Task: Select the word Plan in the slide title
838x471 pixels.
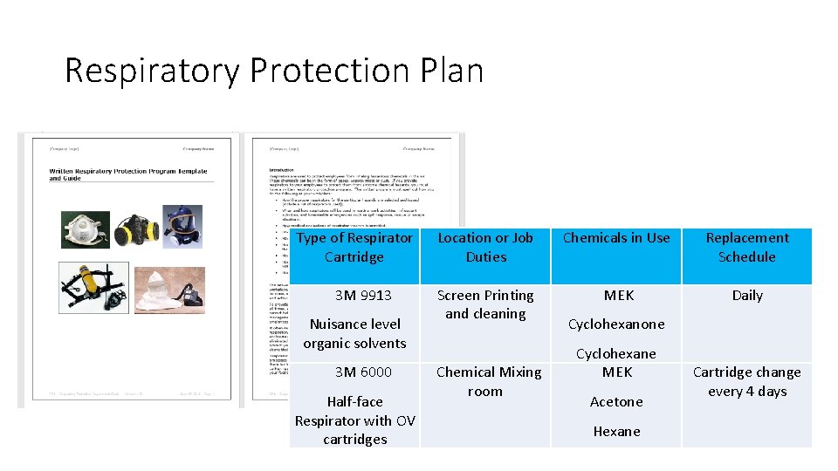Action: (x=452, y=71)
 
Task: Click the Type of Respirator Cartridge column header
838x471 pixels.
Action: (x=354, y=247)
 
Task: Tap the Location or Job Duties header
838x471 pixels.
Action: (x=485, y=247)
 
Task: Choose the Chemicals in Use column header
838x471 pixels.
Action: (x=616, y=237)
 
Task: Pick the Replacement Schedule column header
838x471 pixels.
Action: (x=746, y=247)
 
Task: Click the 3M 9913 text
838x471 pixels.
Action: (x=363, y=296)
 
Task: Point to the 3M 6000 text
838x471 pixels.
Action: (x=363, y=372)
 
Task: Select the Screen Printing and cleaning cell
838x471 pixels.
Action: (x=485, y=304)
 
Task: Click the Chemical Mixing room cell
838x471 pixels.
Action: (x=488, y=381)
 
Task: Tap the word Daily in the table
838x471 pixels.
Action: (x=747, y=296)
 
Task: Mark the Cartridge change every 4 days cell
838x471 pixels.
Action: (x=746, y=381)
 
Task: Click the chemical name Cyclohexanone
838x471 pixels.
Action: (x=616, y=324)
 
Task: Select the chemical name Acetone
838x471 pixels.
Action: (x=616, y=402)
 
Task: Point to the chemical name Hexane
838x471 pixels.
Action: (x=616, y=432)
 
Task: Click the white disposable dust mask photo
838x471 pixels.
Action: (x=85, y=229)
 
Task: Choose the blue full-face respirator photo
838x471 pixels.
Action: (x=180, y=226)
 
